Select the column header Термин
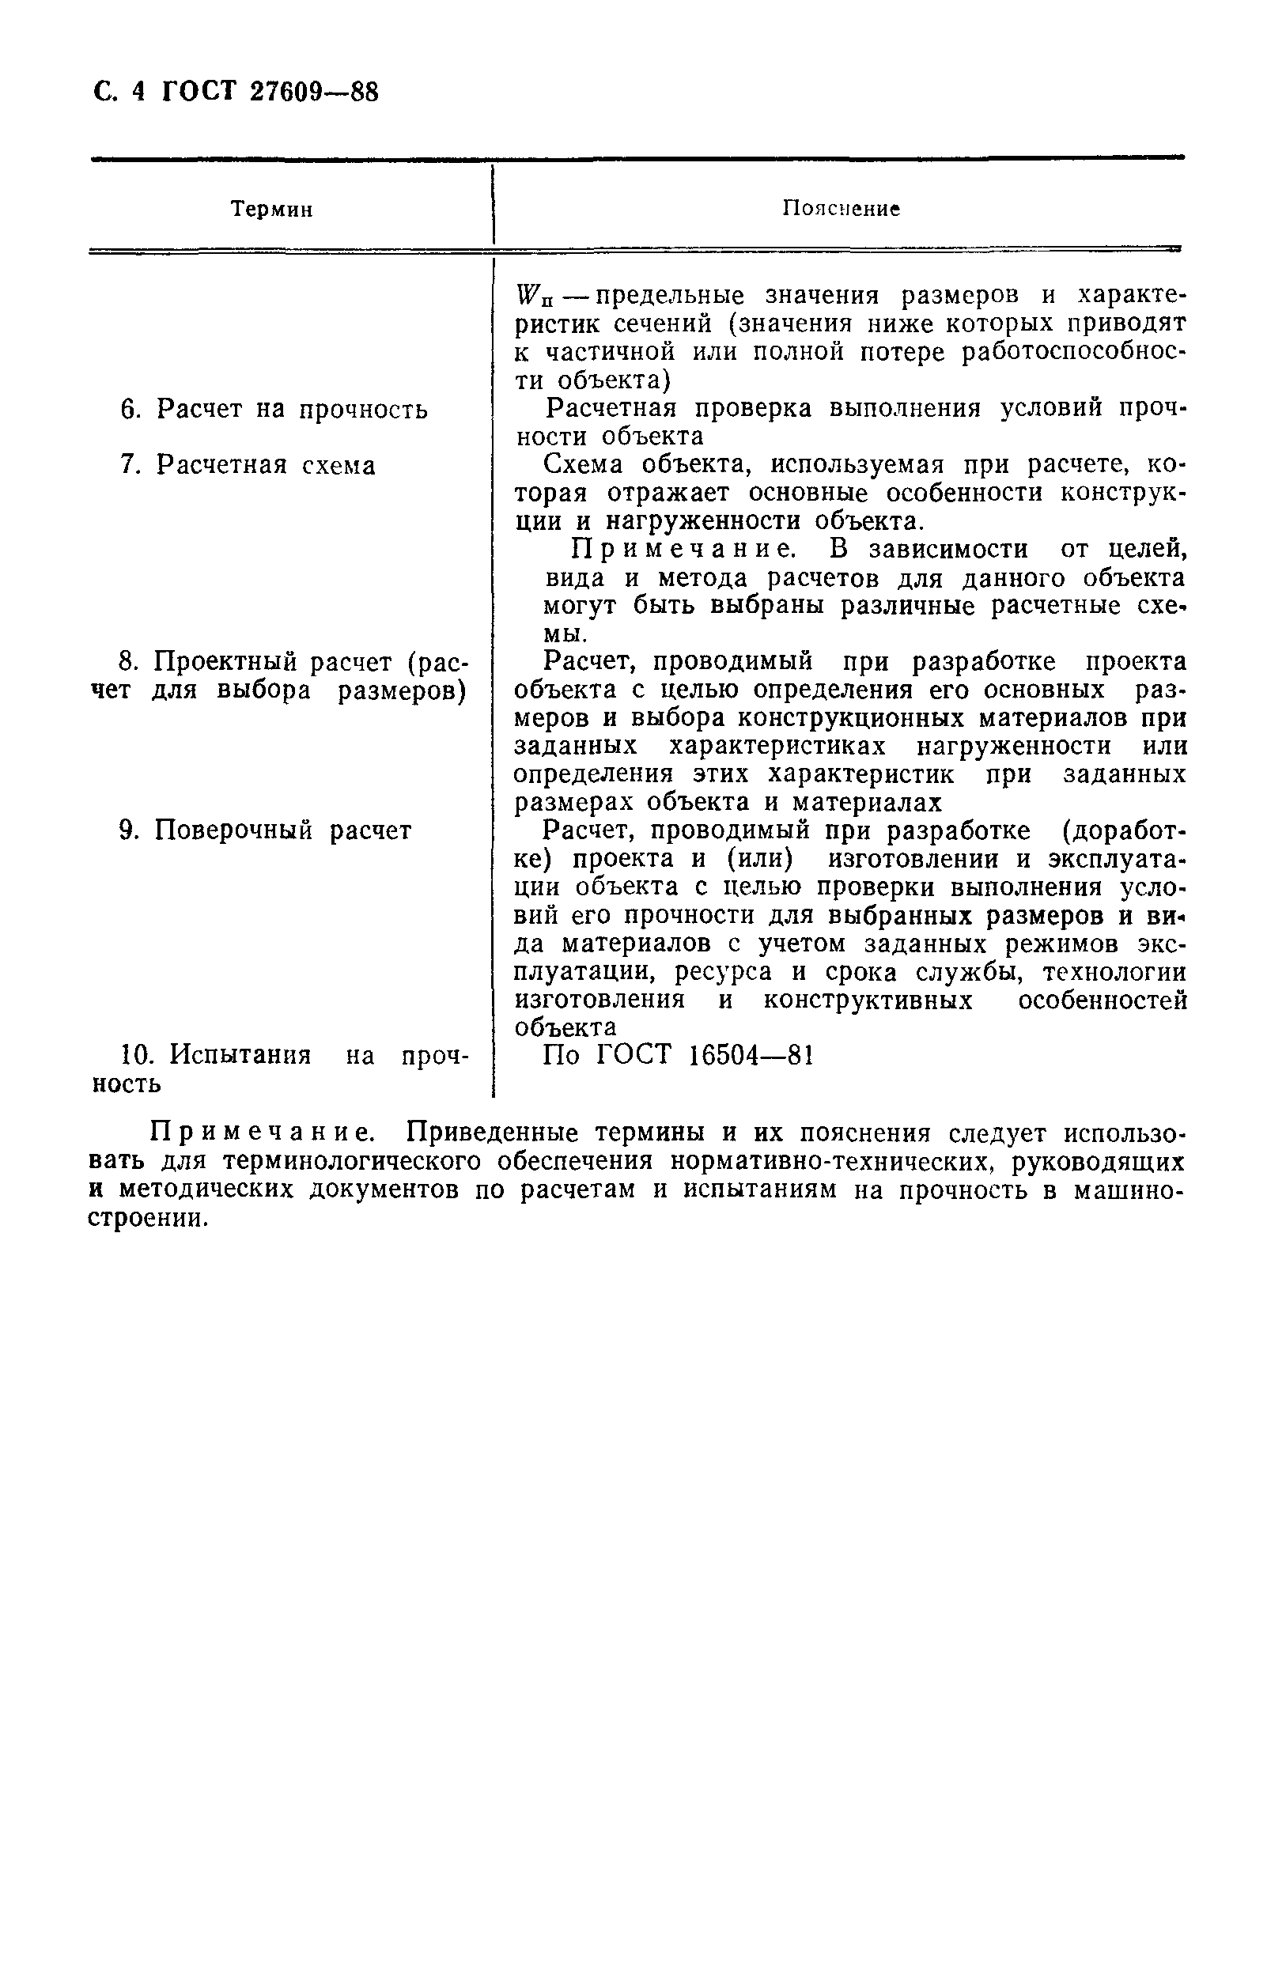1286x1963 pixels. coord(271,210)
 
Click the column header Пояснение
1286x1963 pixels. coord(840,209)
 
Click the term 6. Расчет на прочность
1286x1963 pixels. coord(274,409)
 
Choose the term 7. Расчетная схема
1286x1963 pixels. coord(248,465)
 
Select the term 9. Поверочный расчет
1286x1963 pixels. coord(265,830)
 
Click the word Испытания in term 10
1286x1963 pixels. coord(240,1055)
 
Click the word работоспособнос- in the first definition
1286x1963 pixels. coord(1073,352)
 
